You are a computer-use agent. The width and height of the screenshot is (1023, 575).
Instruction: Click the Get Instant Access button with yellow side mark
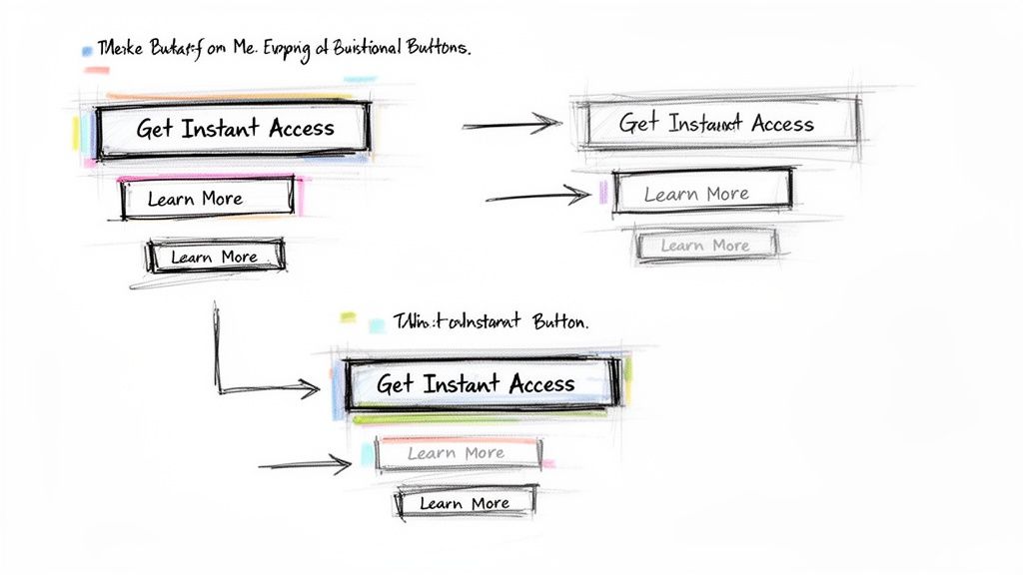point(235,128)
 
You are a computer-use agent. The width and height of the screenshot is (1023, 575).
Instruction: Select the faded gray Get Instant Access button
point(716,124)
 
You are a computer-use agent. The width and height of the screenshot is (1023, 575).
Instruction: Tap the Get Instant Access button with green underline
point(476,383)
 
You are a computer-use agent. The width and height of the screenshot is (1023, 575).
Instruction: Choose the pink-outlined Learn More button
point(207,198)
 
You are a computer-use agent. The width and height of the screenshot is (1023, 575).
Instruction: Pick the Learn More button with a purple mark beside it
point(701,193)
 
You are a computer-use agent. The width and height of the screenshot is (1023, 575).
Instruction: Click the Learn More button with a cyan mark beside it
point(457,453)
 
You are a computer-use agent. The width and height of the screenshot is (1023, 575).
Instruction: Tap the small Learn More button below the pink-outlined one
point(215,257)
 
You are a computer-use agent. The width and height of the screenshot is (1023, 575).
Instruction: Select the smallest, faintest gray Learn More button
point(705,246)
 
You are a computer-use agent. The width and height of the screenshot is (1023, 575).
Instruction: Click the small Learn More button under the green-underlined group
point(465,503)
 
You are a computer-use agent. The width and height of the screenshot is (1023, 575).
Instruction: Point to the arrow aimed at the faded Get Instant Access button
point(511,125)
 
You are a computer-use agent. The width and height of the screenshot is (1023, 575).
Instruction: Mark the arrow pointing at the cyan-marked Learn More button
point(305,464)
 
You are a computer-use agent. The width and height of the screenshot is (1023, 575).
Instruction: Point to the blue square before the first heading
point(87,49)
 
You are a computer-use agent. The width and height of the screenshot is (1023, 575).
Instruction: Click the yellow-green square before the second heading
point(348,317)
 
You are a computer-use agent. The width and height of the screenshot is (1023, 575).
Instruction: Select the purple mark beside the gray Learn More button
point(603,193)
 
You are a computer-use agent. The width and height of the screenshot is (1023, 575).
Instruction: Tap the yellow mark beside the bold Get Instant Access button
point(76,132)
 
